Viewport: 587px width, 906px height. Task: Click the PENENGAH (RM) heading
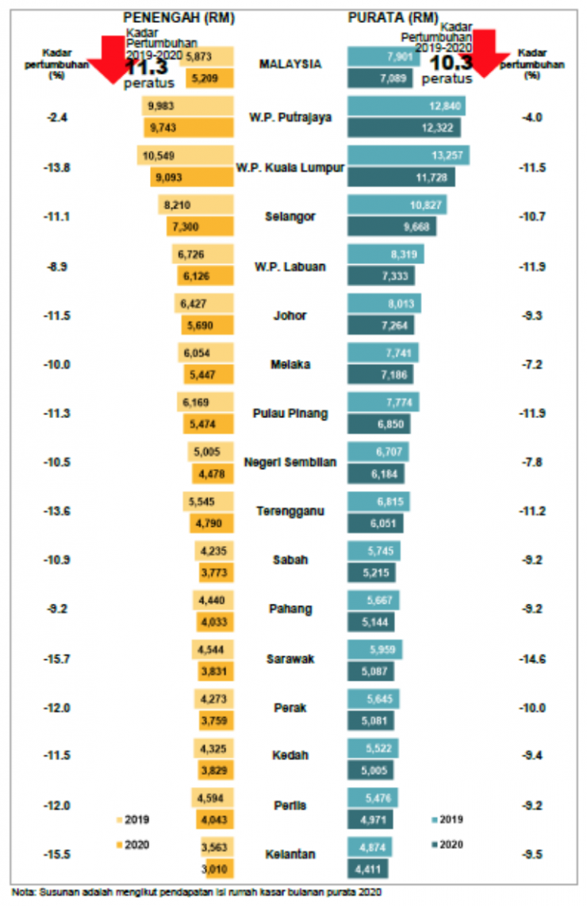pyautogui.click(x=178, y=17)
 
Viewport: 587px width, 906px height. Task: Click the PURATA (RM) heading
pyautogui.click(x=393, y=17)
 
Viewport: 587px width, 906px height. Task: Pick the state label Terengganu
pyautogui.click(x=290, y=511)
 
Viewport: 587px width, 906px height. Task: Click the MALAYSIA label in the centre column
pyautogui.click(x=290, y=64)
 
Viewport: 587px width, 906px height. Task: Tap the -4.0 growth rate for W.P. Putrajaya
pyautogui.click(x=532, y=117)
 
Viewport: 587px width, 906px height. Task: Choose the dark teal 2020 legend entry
pyautogui.click(x=447, y=845)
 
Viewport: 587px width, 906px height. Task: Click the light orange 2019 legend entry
pyautogui.click(x=132, y=820)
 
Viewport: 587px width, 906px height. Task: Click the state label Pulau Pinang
pyautogui.click(x=290, y=413)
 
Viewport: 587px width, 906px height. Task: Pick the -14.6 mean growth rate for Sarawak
pyautogui.click(x=532, y=658)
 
